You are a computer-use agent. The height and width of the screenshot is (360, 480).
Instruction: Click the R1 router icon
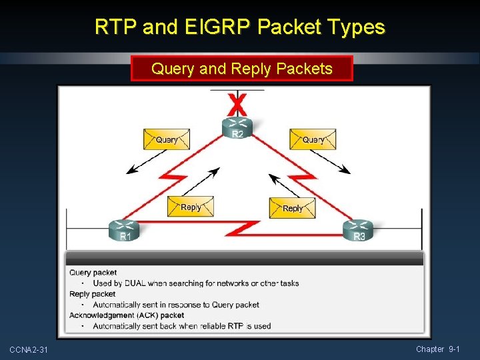[125, 230]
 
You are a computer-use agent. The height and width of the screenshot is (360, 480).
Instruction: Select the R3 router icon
[359, 230]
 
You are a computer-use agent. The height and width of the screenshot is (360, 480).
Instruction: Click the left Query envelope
[167, 139]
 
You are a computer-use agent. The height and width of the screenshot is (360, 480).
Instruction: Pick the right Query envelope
[313, 139]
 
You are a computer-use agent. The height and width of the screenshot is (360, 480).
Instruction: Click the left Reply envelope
[190, 207]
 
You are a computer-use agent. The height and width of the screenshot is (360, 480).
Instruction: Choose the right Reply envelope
[292, 207]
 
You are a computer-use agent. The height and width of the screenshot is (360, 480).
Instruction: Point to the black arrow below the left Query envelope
[147, 162]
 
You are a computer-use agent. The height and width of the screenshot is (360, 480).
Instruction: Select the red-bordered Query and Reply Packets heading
[241, 69]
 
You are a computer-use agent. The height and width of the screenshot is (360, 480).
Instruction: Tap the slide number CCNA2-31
[29, 350]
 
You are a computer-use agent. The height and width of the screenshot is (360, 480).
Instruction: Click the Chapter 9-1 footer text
[437, 349]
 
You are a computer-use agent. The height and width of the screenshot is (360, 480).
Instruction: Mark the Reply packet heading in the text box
[92, 294]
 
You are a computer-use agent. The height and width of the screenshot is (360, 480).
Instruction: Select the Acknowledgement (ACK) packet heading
[127, 315]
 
